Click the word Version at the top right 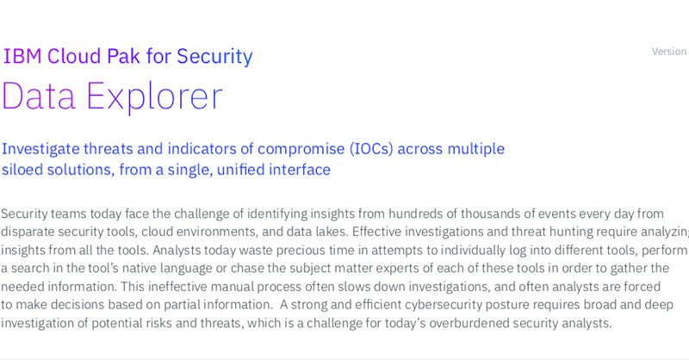(x=669, y=52)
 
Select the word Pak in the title (x=124, y=56)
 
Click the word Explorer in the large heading (x=154, y=96)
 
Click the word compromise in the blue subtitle (x=301, y=150)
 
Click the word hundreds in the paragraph (x=416, y=214)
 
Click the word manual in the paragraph (x=232, y=287)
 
